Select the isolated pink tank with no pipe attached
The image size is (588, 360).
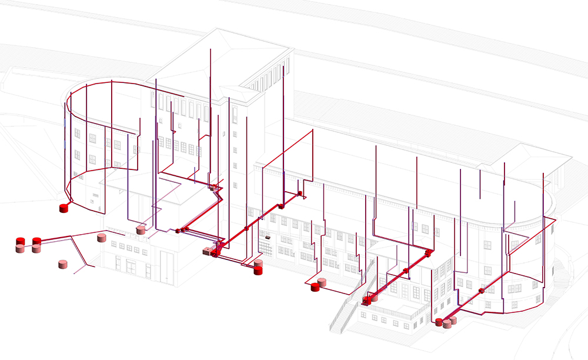coord(64,264)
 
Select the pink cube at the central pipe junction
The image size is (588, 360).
coord(207,252)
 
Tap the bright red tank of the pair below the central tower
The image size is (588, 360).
coord(258,270)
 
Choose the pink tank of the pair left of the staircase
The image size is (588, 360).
coord(322,282)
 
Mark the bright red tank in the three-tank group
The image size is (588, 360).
coord(439,321)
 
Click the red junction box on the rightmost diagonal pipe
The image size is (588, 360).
coord(482,290)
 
